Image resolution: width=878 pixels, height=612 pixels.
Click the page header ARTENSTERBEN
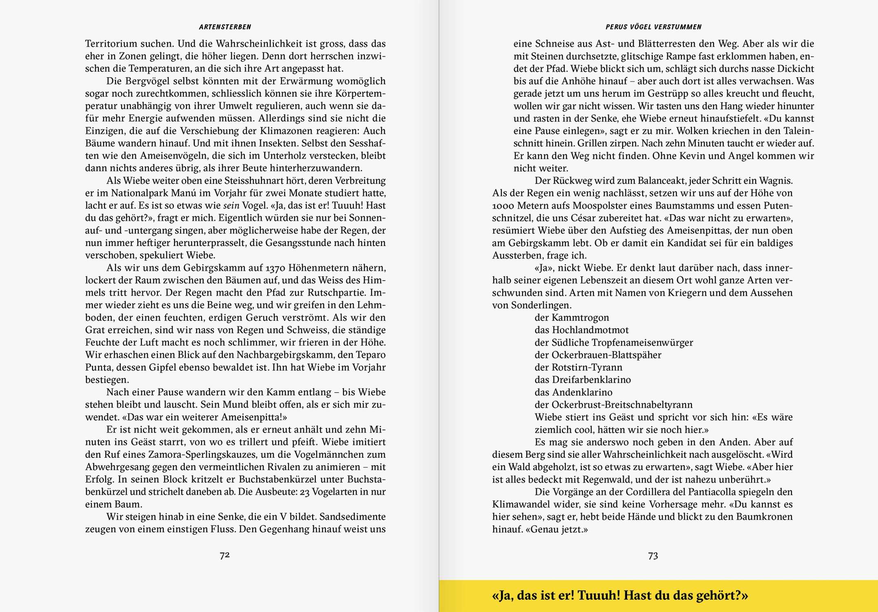[x=225, y=27]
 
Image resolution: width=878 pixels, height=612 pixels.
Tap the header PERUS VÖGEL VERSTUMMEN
[x=653, y=27]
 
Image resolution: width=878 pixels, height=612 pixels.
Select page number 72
[x=225, y=555]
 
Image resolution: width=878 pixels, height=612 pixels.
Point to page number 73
[x=653, y=556]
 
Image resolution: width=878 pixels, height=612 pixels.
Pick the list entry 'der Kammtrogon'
[x=572, y=317]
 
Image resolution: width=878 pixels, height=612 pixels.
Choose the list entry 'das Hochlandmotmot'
[x=581, y=330]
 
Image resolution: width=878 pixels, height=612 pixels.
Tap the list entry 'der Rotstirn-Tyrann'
[x=578, y=367]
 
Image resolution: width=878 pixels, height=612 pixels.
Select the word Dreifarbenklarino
[x=591, y=380]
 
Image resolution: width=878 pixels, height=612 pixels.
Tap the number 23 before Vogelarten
[x=305, y=492]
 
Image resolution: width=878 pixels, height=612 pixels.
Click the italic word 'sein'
[x=231, y=206]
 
